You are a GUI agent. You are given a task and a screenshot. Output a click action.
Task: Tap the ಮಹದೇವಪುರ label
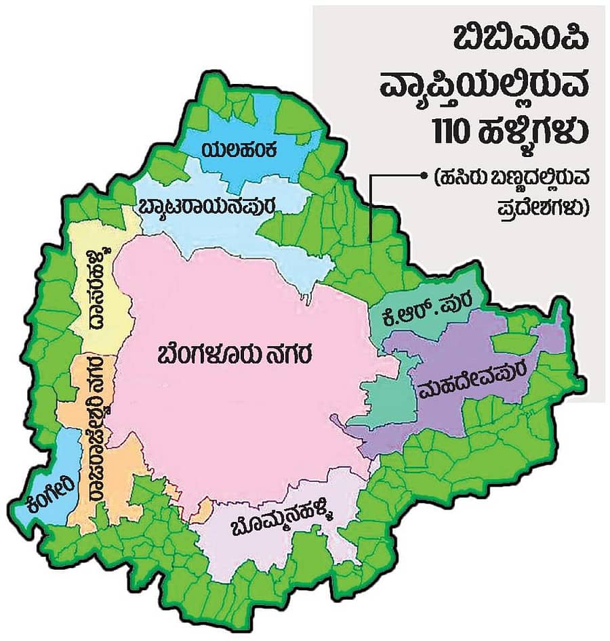pyautogui.click(x=465, y=388)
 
